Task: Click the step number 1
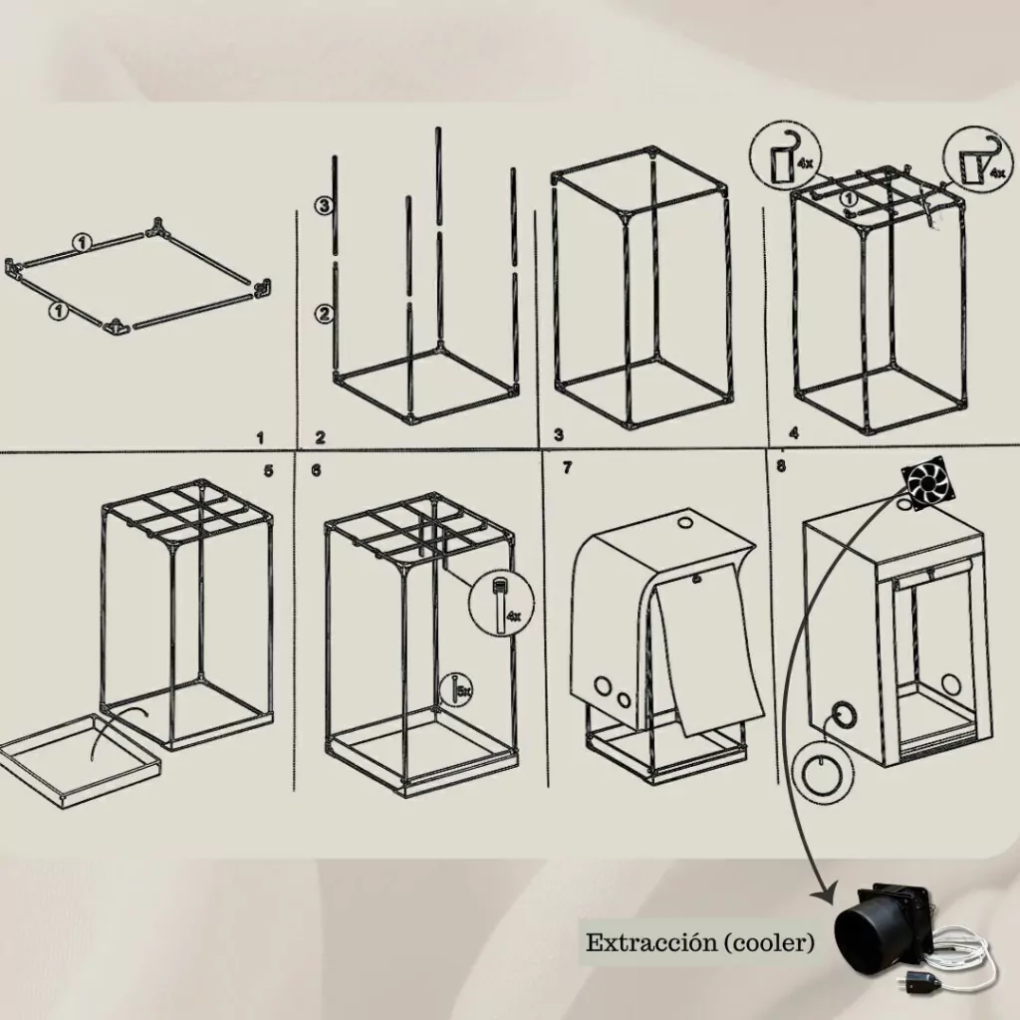[x=261, y=438]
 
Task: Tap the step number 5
[x=269, y=470]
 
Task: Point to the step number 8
[x=781, y=466]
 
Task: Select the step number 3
[x=559, y=435]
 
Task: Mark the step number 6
[x=316, y=470]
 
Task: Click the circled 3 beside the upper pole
[x=324, y=206]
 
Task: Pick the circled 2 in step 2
[x=324, y=314]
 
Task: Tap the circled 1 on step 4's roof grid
[x=849, y=199]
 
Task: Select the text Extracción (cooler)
[x=699, y=942]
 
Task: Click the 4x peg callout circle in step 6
[x=502, y=603]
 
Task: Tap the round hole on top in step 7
[x=685, y=521]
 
